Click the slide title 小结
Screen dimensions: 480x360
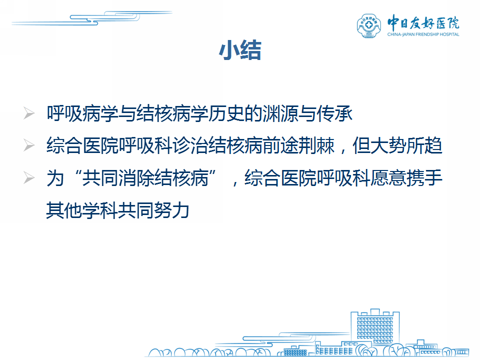[x=240, y=50]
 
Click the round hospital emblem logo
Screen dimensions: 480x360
[x=369, y=25]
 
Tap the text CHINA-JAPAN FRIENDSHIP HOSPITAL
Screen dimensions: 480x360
[x=423, y=34]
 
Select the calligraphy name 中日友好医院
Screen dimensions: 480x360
[x=423, y=22]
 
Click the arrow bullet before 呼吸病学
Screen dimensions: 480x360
[x=29, y=113]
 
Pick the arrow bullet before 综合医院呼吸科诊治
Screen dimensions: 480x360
[x=29, y=145]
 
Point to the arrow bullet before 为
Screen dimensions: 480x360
[x=29, y=178]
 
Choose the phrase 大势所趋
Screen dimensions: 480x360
[x=397, y=145]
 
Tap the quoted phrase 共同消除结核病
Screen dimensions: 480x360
[x=145, y=178]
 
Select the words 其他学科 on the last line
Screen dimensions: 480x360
[x=82, y=210]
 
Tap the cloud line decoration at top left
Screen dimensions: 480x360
[x=92, y=18]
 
